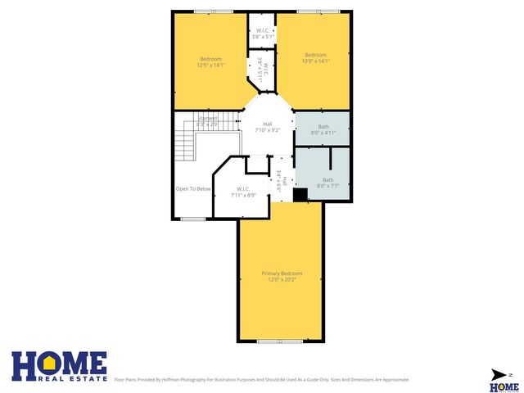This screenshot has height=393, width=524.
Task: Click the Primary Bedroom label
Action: [x=282, y=273]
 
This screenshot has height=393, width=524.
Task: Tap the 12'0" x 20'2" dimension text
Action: [x=282, y=279]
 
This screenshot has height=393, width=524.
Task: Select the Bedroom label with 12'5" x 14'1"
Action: [x=211, y=58]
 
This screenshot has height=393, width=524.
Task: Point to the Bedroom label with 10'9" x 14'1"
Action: [x=316, y=55]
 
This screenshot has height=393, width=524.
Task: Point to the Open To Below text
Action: [x=193, y=189]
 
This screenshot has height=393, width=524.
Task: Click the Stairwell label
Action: [x=208, y=119]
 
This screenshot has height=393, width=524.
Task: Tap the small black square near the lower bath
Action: [x=300, y=194]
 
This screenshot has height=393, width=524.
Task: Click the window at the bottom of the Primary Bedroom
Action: [x=281, y=341]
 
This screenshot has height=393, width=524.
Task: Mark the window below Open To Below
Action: [x=193, y=219]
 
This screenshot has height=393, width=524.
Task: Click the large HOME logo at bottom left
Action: [x=59, y=365]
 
